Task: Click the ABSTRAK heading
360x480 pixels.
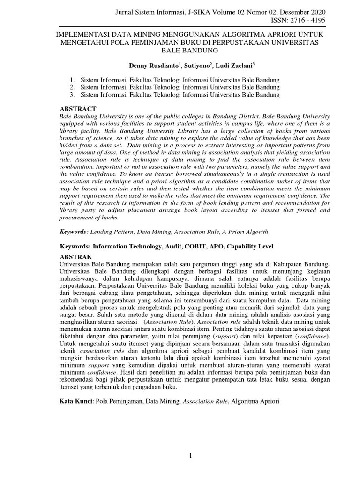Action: click(x=77, y=257)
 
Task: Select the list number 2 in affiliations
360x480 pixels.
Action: click(x=72, y=87)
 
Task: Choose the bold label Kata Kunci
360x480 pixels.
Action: click(x=76, y=401)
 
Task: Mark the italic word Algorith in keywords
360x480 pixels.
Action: click(x=256, y=232)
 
